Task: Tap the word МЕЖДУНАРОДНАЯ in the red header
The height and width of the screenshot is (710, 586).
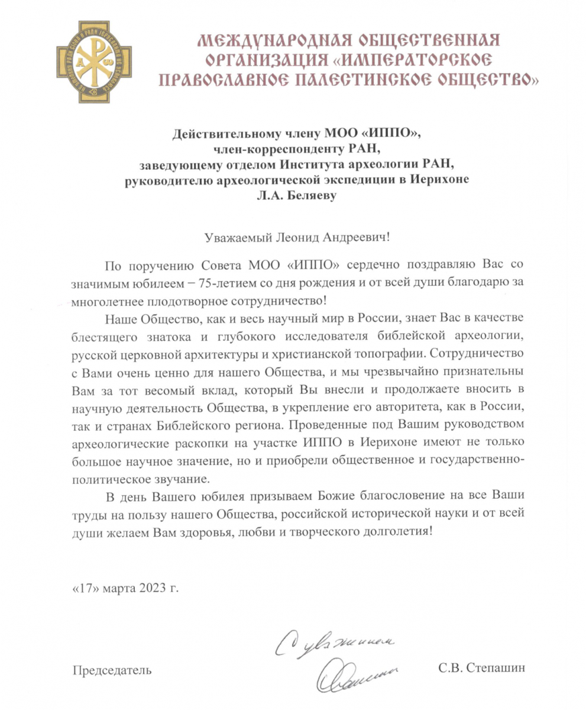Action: tap(263, 41)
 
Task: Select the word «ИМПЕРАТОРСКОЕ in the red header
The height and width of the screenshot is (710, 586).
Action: tap(394, 60)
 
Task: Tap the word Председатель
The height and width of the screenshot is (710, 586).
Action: tap(112, 670)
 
